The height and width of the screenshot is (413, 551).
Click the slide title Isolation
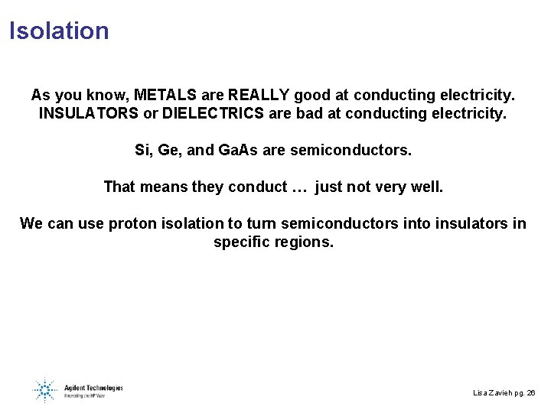(59, 31)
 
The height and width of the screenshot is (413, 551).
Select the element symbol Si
(142, 150)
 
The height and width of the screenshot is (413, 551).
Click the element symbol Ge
(170, 150)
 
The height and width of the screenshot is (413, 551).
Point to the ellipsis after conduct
(299, 187)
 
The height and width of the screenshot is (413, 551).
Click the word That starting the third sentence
(119, 187)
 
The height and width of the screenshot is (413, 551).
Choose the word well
(425, 187)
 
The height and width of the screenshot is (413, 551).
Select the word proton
(132, 223)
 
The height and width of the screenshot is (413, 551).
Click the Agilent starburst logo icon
(44, 390)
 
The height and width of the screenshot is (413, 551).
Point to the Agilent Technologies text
(94, 387)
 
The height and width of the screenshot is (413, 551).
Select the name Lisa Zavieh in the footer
(493, 392)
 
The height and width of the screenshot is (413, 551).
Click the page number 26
(532, 392)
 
